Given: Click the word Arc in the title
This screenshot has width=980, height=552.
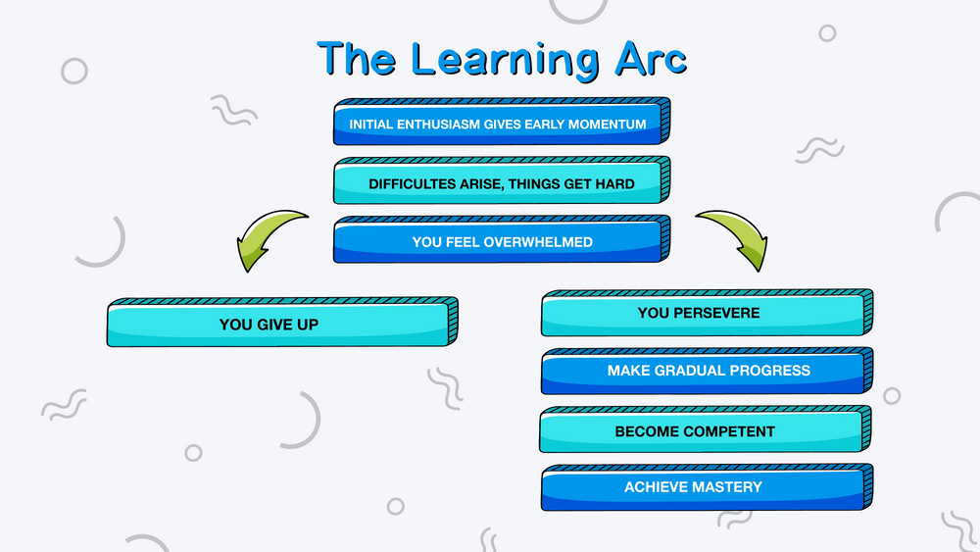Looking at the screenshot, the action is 651,60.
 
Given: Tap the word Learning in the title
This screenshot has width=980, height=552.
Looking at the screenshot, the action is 506,61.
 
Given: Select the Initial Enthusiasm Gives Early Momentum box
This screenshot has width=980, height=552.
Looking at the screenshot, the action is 502,122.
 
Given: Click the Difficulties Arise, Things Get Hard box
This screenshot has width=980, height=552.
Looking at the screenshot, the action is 502,180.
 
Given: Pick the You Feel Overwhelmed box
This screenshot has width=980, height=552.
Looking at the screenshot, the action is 502,239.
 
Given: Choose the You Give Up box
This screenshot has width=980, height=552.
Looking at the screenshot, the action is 282,322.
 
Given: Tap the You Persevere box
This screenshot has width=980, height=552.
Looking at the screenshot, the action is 707,313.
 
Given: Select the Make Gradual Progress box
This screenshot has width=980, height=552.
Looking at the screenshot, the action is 707,371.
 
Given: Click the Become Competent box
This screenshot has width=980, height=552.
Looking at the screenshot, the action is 706,429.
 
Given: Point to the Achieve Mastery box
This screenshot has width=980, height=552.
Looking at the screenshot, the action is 707,487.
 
